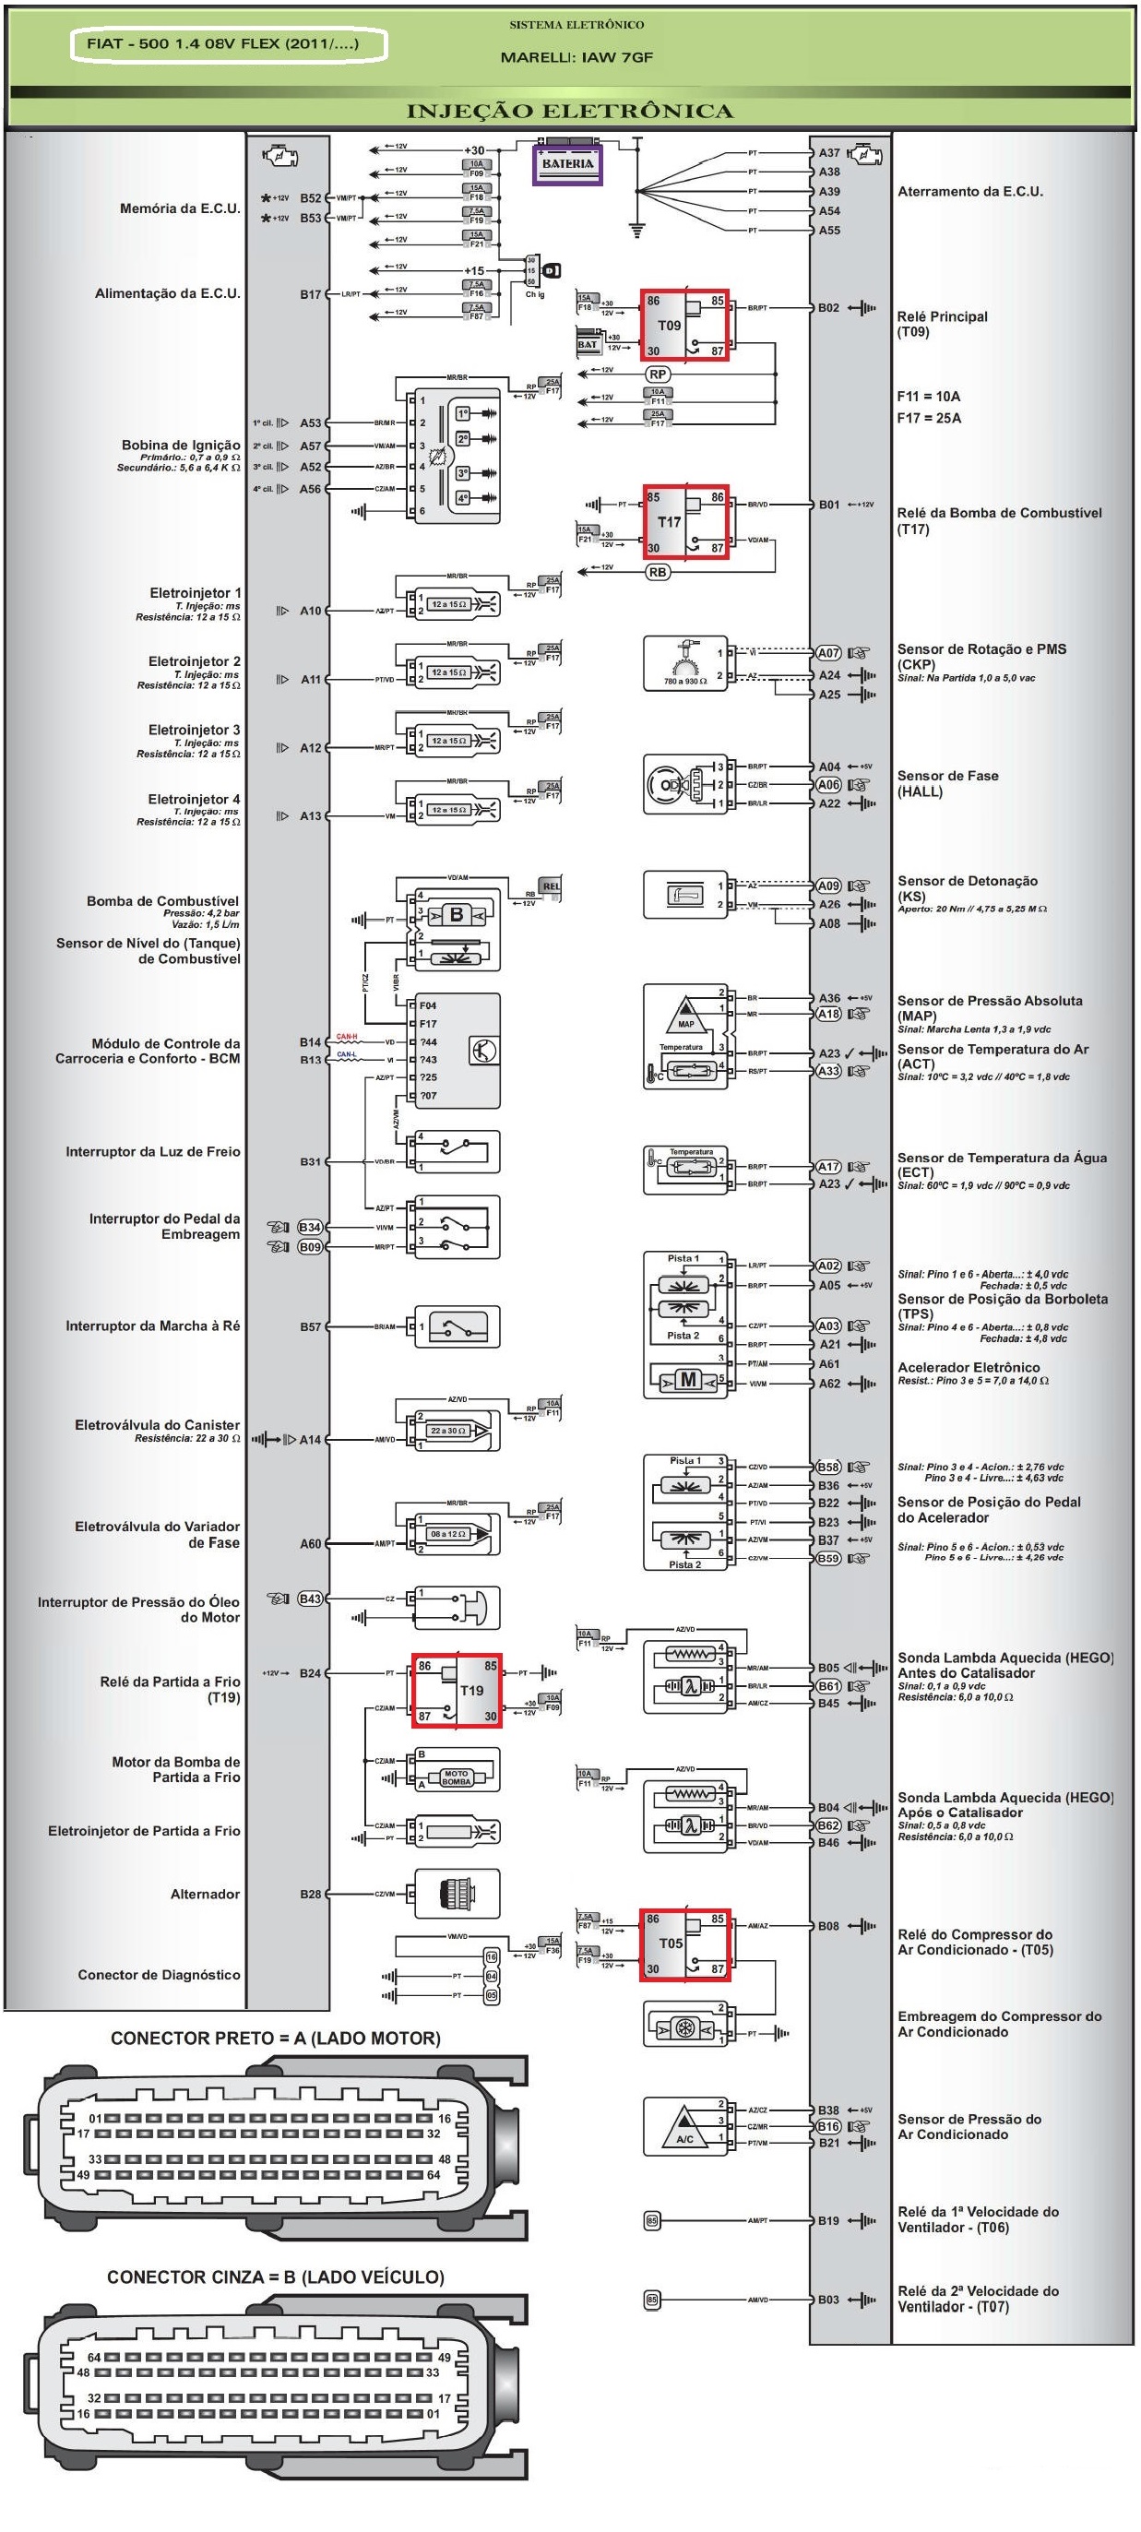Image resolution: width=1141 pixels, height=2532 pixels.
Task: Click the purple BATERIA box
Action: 567,164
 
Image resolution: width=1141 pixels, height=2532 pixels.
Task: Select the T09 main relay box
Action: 684,326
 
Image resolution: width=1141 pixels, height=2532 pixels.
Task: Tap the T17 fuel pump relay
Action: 684,521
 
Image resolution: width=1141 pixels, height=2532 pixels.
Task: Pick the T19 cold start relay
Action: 457,1690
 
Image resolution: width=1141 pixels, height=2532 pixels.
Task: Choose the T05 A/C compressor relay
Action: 684,1944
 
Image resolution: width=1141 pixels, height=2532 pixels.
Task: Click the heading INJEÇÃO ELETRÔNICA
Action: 570,111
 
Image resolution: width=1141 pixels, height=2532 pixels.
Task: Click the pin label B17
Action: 311,294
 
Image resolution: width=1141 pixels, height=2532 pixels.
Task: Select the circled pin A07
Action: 828,653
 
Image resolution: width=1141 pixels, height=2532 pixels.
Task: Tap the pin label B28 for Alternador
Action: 311,1894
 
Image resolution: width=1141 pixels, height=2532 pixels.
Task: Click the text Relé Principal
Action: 942,316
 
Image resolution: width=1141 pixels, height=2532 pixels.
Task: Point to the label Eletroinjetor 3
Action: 194,730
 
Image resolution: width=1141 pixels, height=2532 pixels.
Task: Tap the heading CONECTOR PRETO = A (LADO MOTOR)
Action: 275,2039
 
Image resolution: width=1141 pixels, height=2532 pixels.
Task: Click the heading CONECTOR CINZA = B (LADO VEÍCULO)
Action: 275,2277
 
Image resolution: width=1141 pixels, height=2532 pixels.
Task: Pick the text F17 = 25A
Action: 929,418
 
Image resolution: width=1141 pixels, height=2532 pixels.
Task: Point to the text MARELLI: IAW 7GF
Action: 576,57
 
